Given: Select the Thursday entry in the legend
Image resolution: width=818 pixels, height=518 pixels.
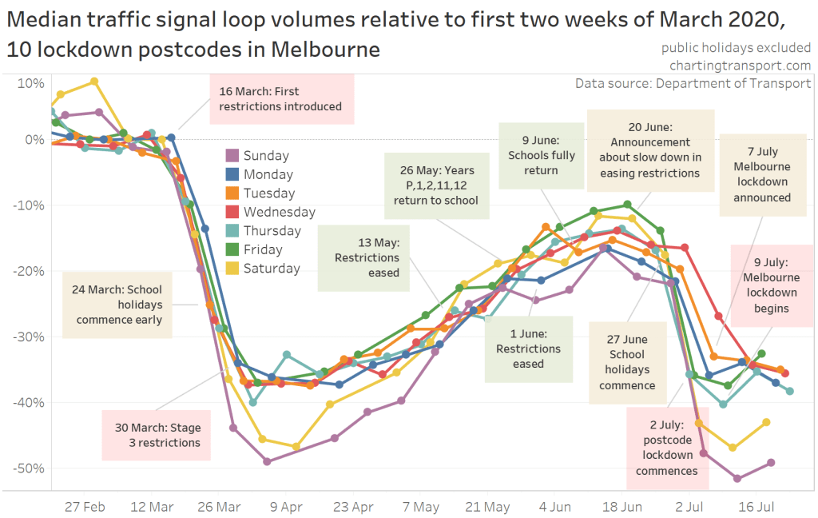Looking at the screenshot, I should [x=272, y=231].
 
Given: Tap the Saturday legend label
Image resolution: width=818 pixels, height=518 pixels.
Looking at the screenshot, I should [x=272, y=269].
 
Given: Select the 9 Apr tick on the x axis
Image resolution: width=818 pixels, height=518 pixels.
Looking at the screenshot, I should [x=286, y=506].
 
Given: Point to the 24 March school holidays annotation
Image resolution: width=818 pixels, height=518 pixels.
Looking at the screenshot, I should [x=119, y=305].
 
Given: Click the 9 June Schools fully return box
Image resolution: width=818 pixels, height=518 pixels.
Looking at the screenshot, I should [x=541, y=155].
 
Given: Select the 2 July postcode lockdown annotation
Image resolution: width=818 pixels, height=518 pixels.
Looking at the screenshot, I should [x=666, y=448].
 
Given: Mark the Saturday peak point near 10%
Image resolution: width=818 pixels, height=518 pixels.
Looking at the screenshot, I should [x=94, y=81].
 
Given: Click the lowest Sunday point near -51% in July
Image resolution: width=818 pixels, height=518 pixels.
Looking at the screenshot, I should [x=737, y=479].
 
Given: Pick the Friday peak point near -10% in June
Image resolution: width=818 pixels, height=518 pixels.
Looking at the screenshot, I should [x=627, y=205].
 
